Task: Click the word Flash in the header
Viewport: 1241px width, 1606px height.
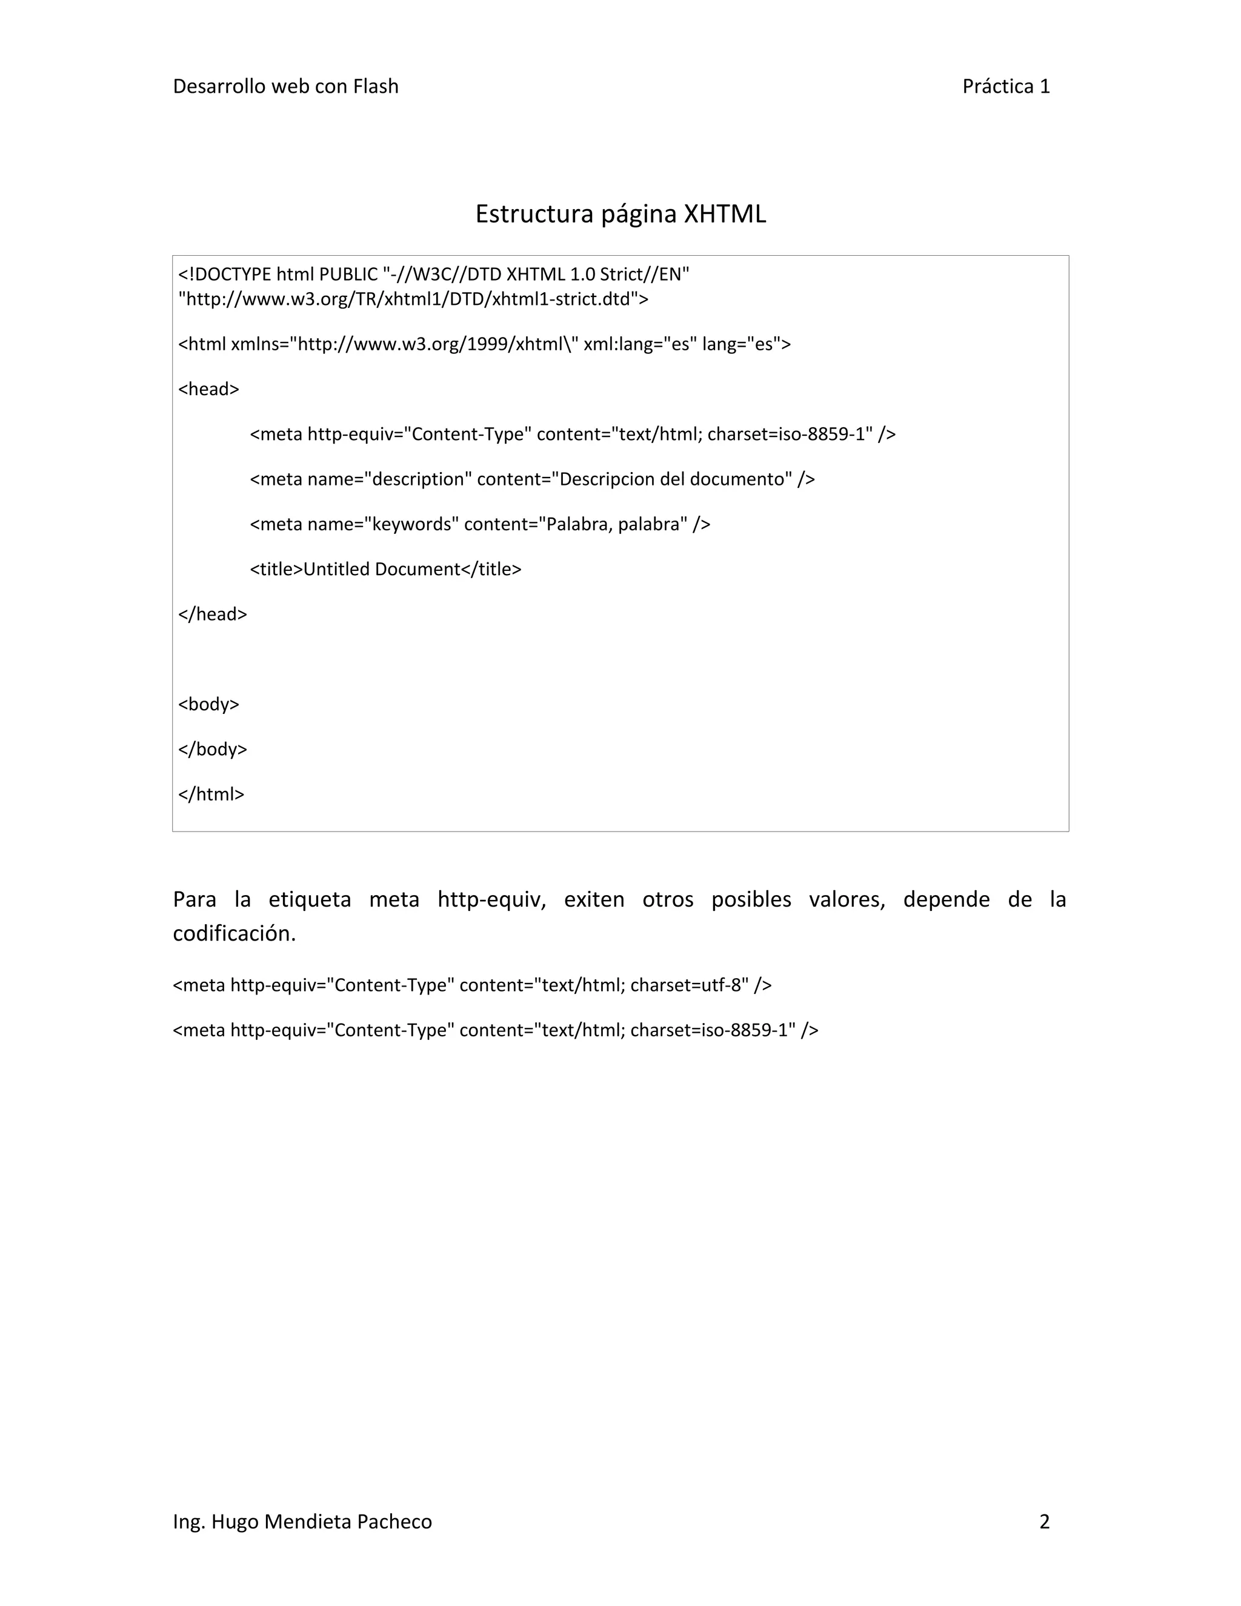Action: click(375, 87)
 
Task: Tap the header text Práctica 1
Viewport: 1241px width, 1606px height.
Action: click(1006, 87)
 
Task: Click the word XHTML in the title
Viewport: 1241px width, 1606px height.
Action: click(725, 214)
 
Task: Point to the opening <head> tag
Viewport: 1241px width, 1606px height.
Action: click(209, 389)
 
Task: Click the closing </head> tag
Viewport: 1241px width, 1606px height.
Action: click(213, 614)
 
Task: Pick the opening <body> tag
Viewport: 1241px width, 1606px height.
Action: click(209, 704)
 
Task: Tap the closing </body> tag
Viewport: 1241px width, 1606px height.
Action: click(213, 749)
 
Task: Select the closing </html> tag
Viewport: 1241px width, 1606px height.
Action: click(211, 794)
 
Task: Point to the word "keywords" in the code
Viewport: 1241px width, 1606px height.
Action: click(411, 524)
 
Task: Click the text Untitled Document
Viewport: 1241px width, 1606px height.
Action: click(382, 569)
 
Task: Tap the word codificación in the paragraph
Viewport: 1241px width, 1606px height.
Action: click(234, 933)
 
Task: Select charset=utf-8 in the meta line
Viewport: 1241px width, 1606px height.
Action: click(689, 985)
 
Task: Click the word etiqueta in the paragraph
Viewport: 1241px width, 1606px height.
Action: click(310, 899)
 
